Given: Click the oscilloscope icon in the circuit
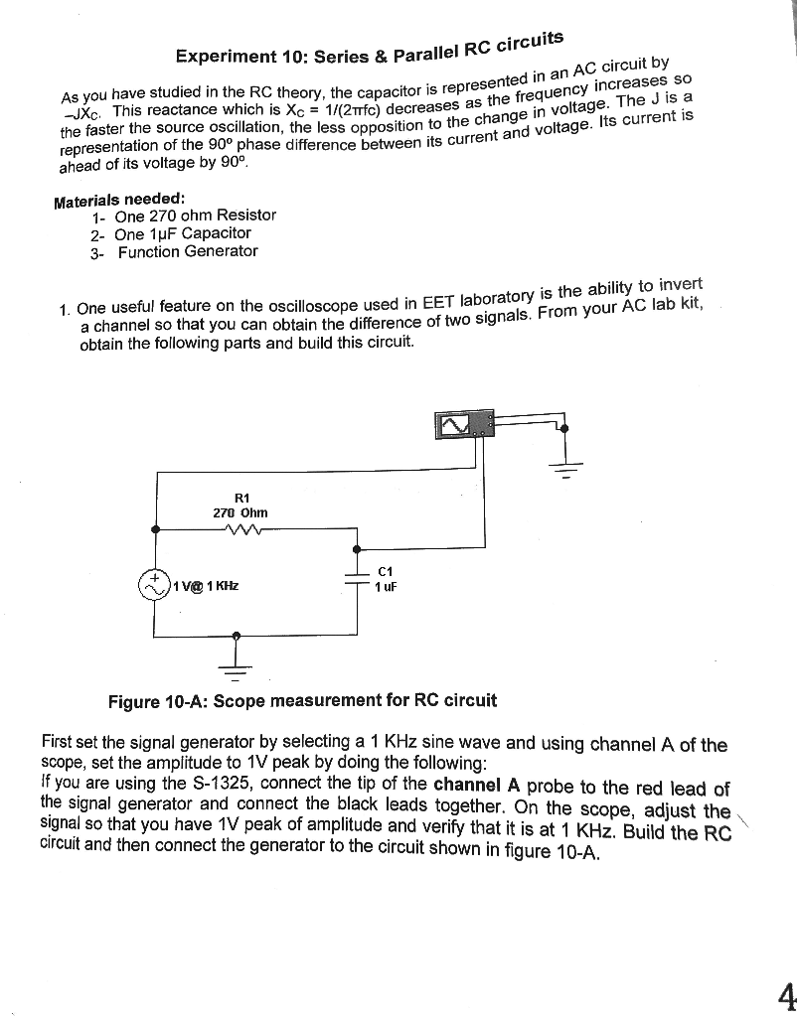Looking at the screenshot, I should point(464,425).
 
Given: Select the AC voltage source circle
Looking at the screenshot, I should point(155,585).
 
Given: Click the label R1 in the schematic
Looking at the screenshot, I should point(241,497).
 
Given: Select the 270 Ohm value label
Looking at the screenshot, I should point(240,512).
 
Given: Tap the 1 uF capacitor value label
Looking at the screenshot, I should point(386,588).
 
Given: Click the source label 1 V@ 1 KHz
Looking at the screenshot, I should point(206,586).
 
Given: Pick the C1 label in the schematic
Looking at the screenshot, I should point(386,572).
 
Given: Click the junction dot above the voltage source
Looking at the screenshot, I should point(155,529).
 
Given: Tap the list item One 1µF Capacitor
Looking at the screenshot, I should point(183,233).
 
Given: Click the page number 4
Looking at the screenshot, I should point(786,994).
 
